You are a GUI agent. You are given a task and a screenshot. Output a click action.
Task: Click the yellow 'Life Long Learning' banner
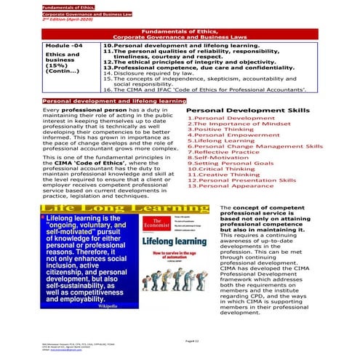pos(124,209)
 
